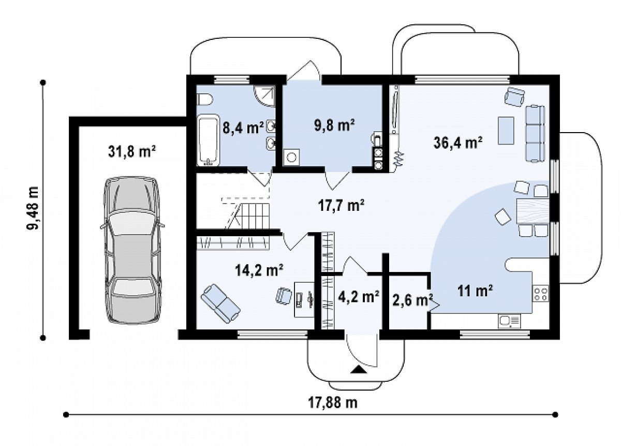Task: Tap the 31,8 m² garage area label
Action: pos(132,152)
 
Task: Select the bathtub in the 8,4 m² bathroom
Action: pos(208,140)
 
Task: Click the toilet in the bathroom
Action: pos(204,99)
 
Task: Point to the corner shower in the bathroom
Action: pos(264,96)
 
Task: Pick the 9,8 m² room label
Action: pos(334,125)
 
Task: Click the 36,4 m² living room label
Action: pos(457,143)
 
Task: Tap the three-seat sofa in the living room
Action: pos(535,133)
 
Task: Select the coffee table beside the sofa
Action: pos(506,131)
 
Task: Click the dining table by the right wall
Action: pos(533,211)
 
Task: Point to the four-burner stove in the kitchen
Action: pos(540,294)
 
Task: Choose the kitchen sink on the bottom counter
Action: pos(509,322)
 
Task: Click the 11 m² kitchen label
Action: pos(475,292)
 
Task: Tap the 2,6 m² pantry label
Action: pos(412,300)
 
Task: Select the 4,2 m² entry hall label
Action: pos(359,297)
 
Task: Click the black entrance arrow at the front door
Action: pos(359,370)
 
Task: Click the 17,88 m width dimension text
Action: pos(333,402)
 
